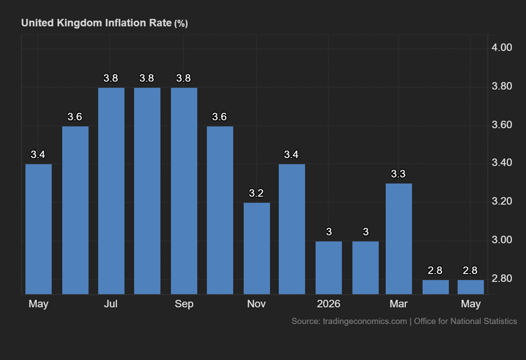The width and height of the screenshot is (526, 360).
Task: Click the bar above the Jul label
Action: coord(111,191)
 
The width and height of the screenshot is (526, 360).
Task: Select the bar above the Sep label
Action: coord(184,191)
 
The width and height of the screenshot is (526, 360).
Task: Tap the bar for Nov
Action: coord(257,248)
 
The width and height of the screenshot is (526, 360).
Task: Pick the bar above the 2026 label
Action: coord(329,268)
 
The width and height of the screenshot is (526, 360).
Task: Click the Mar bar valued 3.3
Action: coord(399,239)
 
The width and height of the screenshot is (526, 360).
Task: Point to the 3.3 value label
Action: coord(398,174)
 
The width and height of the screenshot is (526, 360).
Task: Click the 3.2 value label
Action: coord(256,193)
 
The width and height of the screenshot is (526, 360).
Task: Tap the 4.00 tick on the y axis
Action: coord(502,47)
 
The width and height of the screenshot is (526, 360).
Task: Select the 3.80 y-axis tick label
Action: coord(502,86)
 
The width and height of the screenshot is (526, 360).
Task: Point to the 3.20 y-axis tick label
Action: coord(502,201)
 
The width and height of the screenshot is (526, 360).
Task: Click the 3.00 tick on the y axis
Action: coord(502,240)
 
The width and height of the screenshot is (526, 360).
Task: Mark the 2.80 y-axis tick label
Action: coord(502,279)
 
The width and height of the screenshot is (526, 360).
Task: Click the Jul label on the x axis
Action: coord(111,304)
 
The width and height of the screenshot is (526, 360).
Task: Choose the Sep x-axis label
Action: coord(184,304)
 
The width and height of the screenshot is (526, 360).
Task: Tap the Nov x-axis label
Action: coord(256,304)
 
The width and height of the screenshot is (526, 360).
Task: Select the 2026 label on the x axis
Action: coord(329,304)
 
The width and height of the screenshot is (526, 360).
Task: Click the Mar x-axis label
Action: coord(399,304)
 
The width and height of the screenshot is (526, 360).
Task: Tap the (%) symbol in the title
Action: coord(181,24)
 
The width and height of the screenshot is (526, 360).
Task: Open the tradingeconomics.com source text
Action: coord(365,322)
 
